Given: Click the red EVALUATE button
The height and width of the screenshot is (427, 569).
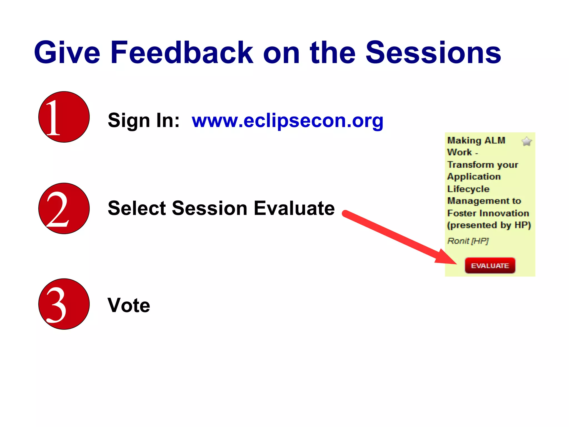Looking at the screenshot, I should click(490, 265).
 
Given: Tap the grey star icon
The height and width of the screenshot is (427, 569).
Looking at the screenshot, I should click(526, 141).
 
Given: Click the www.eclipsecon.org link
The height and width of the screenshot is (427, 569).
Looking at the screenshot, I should click(288, 121).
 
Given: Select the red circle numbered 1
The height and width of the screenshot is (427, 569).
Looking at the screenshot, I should click(64, 117).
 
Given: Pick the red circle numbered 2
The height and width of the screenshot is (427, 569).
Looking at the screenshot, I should click(64, 208).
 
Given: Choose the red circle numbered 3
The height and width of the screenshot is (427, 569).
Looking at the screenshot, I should click(64, 304).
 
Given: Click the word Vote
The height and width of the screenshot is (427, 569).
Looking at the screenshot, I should click(129, 305).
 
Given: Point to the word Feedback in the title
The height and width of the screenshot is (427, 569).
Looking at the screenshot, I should click(182, 53).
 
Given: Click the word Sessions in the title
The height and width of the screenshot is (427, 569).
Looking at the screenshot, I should click(433, 53).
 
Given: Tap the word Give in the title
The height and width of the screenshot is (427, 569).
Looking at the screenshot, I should click(67, 53).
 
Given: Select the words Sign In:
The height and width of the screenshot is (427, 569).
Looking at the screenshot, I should click(144, 121).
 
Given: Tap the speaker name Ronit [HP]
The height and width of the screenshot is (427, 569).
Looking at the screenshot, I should click(468, 241).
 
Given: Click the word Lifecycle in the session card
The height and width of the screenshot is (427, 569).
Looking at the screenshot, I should click(468, 189).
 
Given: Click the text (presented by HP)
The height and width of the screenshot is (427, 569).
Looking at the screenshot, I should click(489, 225).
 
